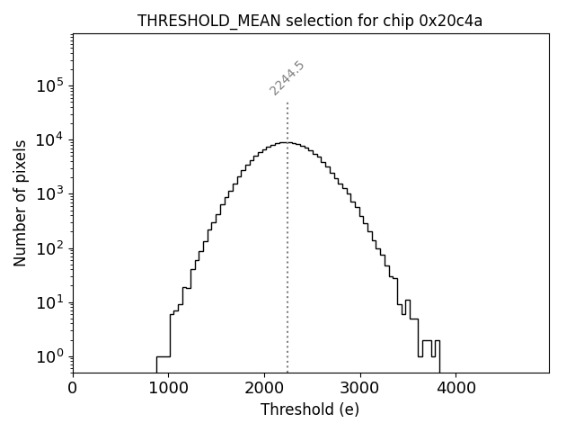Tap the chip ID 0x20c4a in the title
451,21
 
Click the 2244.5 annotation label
287,78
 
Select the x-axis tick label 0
73,389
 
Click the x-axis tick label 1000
168,389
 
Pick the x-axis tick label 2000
264,389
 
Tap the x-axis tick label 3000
359,389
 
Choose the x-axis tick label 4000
456,389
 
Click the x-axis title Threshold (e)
310,409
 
